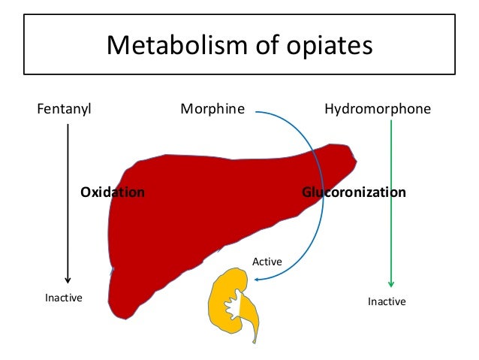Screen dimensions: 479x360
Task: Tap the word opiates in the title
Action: click(329, 46)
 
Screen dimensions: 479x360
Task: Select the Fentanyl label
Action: click(64, 109)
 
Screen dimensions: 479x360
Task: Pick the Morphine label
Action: click(212, 109)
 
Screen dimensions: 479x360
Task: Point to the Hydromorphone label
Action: click(378, 109)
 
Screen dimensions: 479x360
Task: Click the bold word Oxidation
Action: click(113, 192)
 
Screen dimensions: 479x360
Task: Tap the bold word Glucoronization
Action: click(354, 192)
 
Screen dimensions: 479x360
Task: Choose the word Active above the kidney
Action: click(267, 262)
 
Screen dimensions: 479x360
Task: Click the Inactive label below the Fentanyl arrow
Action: click(64, 298)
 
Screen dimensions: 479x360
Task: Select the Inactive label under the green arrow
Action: click(387, 301)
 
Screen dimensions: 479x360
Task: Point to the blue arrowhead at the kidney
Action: click(256, 280)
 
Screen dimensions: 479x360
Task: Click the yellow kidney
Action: click(222, 297)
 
